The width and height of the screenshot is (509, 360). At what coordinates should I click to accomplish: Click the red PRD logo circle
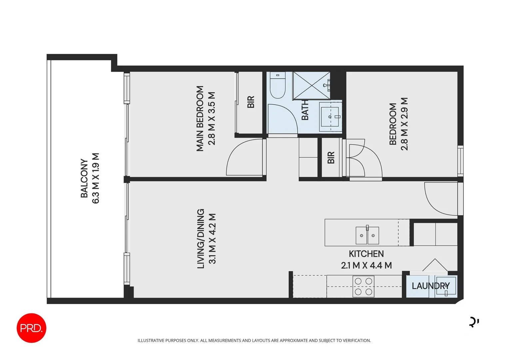coord(31,328)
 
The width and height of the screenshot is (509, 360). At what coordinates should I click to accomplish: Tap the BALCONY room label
coord(84,178)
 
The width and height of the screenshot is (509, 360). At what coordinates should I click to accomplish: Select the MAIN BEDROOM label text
coord(200,119)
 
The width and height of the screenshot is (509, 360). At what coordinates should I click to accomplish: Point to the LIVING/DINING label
coord(201,239)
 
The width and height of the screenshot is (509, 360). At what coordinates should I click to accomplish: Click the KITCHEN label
coord(366,254)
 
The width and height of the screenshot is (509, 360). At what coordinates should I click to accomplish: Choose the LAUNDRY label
coord(430,286)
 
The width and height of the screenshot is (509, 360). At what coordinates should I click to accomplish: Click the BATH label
coord(305,110)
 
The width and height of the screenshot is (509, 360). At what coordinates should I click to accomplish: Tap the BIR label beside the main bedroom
coord(251,102)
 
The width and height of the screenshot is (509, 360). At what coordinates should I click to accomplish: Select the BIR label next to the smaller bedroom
coord(331,158)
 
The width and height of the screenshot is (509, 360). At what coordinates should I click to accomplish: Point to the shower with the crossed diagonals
coord(311,86)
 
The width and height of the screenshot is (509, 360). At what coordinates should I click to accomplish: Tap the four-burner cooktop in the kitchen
coord(363,286)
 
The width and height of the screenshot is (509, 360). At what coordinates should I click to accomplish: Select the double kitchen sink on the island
coord(367,235)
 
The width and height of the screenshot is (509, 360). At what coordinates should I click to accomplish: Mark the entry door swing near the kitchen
coord(440,198)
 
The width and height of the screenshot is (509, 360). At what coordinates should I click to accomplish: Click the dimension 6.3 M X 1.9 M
coord(96,178)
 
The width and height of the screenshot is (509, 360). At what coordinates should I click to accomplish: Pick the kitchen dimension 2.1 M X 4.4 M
coord(366,265)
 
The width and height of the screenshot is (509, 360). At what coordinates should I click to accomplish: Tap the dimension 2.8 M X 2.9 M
coord(404,124)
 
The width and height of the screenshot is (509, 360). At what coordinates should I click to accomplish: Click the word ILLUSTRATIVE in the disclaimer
coord(151,340)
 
